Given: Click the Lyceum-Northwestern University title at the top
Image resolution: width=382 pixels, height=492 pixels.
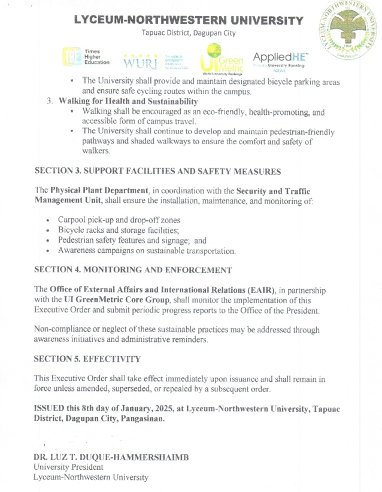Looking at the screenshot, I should pyautogui.click(x=189, y=20).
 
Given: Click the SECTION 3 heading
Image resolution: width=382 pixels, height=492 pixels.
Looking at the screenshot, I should pyautogui.click(x=157, y=172).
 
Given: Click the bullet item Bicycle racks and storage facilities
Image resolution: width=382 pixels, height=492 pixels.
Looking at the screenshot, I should pyautogui.click(x=119, y=230).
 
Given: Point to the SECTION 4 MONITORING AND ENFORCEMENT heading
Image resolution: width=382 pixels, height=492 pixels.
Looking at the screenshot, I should pyautogui.click(x=132, y=270).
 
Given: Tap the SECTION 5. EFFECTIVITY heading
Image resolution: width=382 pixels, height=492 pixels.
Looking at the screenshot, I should pyautogui.click(x=87, y=359).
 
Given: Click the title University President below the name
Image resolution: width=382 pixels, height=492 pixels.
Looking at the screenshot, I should pyautogui.click(x=68, y=467).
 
